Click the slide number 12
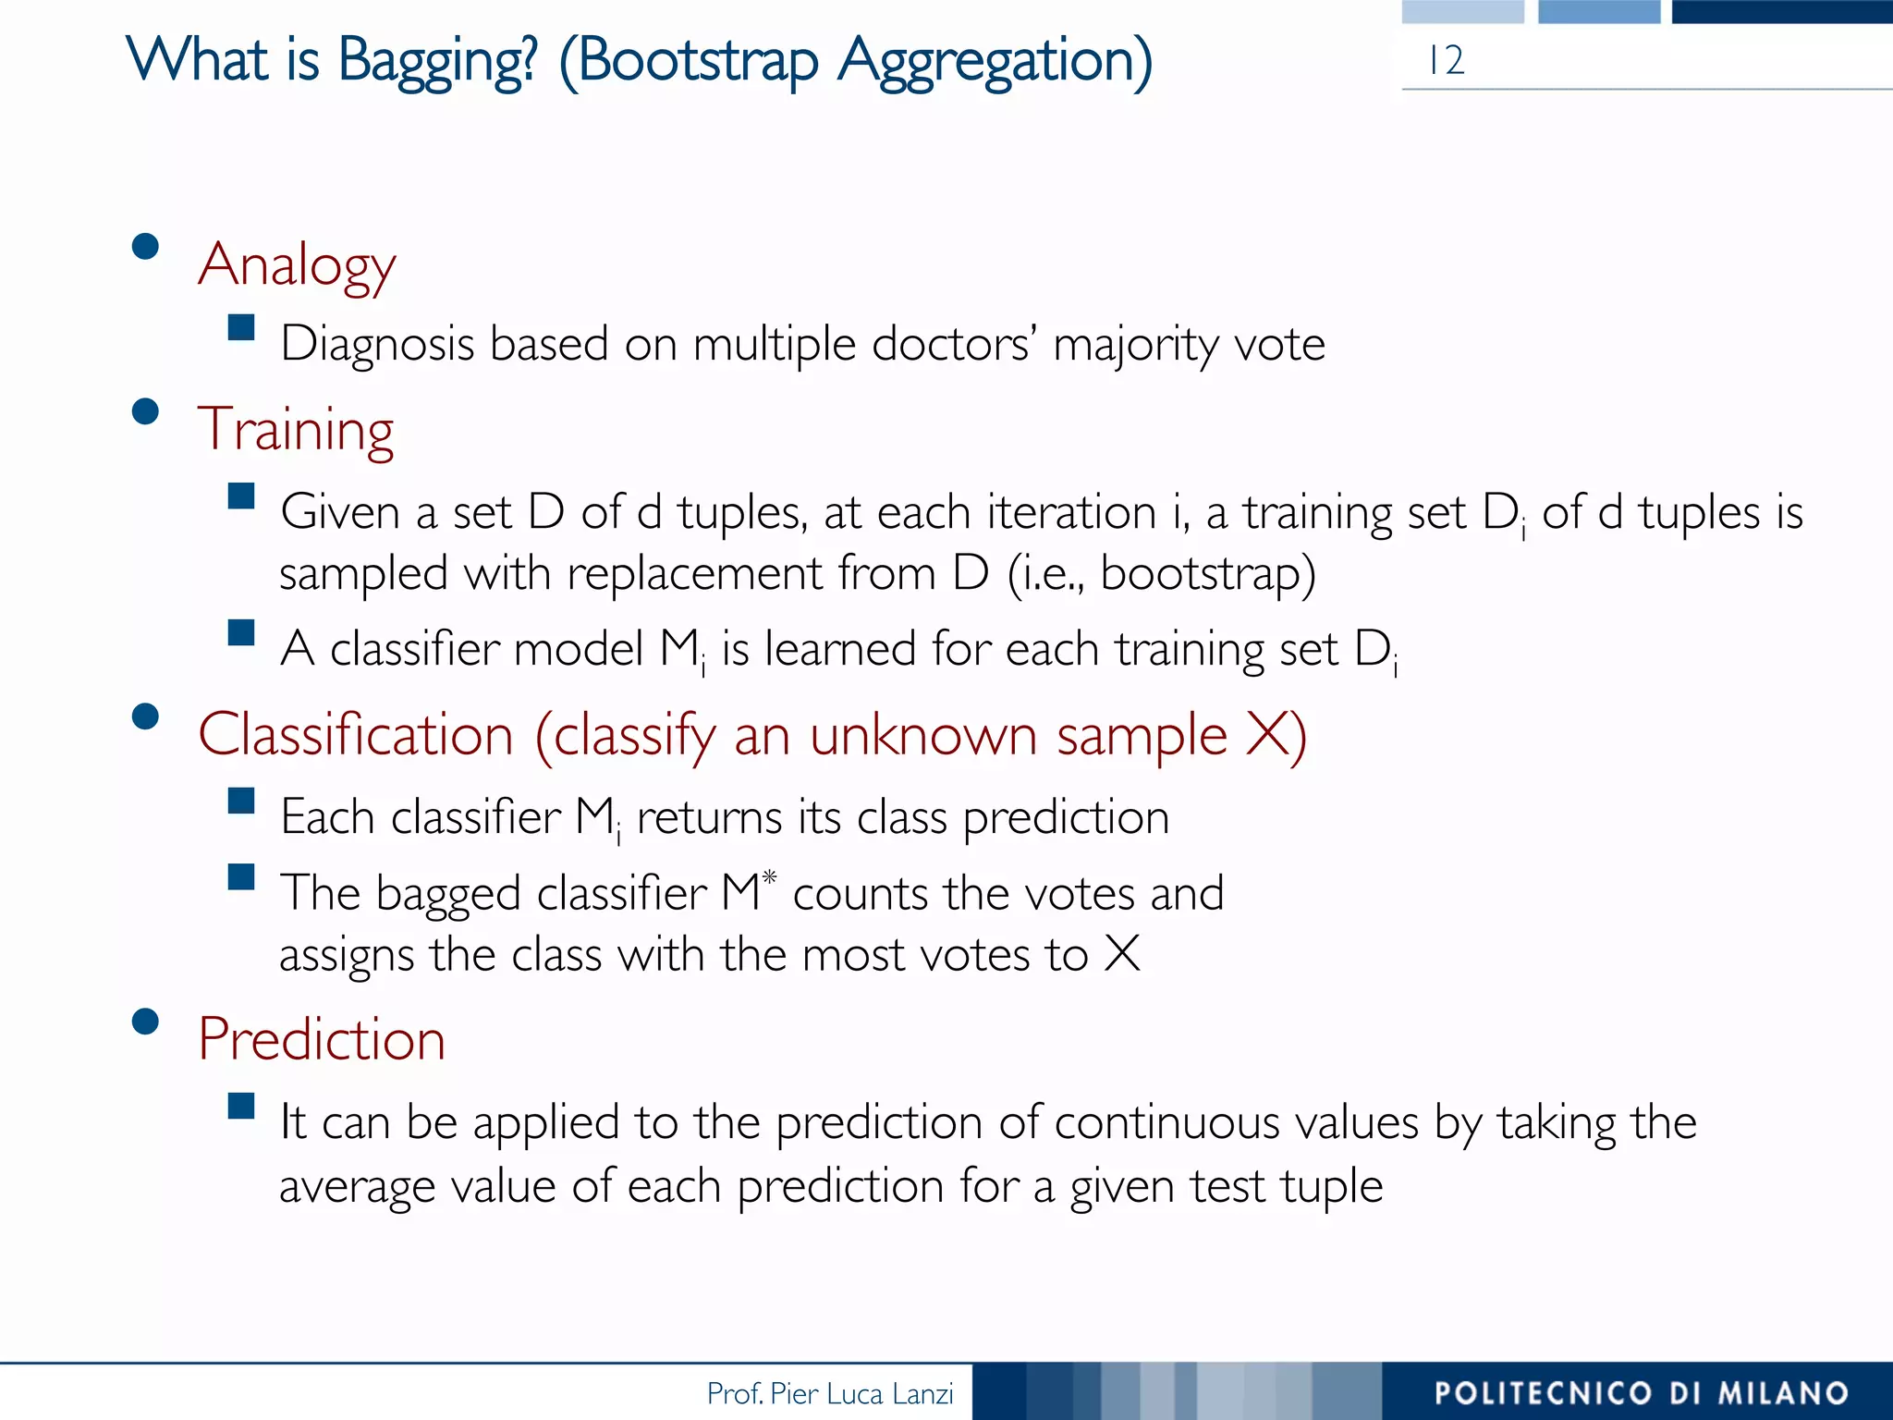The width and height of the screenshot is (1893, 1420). click(1446, 61)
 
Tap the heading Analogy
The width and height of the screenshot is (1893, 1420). click(297, 265)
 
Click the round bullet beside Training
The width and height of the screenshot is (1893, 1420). click(145, 410)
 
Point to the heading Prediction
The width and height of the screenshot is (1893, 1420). click(322, 1039)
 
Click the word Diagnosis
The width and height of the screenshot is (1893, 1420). click(377, 345)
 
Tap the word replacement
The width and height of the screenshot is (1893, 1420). click(694, 573)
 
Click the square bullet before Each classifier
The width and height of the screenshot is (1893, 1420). click(241, 801)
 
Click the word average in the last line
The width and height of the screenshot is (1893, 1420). click(357, 1186)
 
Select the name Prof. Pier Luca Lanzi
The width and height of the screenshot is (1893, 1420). click(829, 1393)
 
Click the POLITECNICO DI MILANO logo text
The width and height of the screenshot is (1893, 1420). click(1641, 1392)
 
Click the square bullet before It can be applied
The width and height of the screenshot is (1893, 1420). click(241, 1106)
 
